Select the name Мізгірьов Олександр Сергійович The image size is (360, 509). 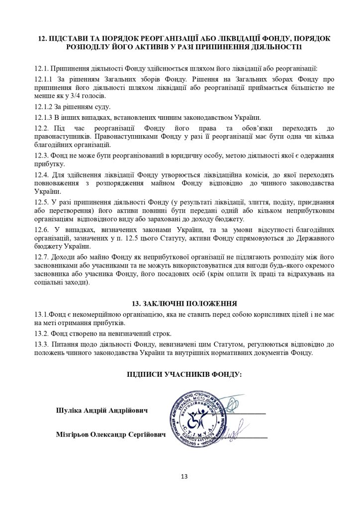[110, 435]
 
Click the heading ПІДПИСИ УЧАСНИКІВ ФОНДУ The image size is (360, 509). [180, 374]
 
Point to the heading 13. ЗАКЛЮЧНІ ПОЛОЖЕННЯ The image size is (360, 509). [180, 303]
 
